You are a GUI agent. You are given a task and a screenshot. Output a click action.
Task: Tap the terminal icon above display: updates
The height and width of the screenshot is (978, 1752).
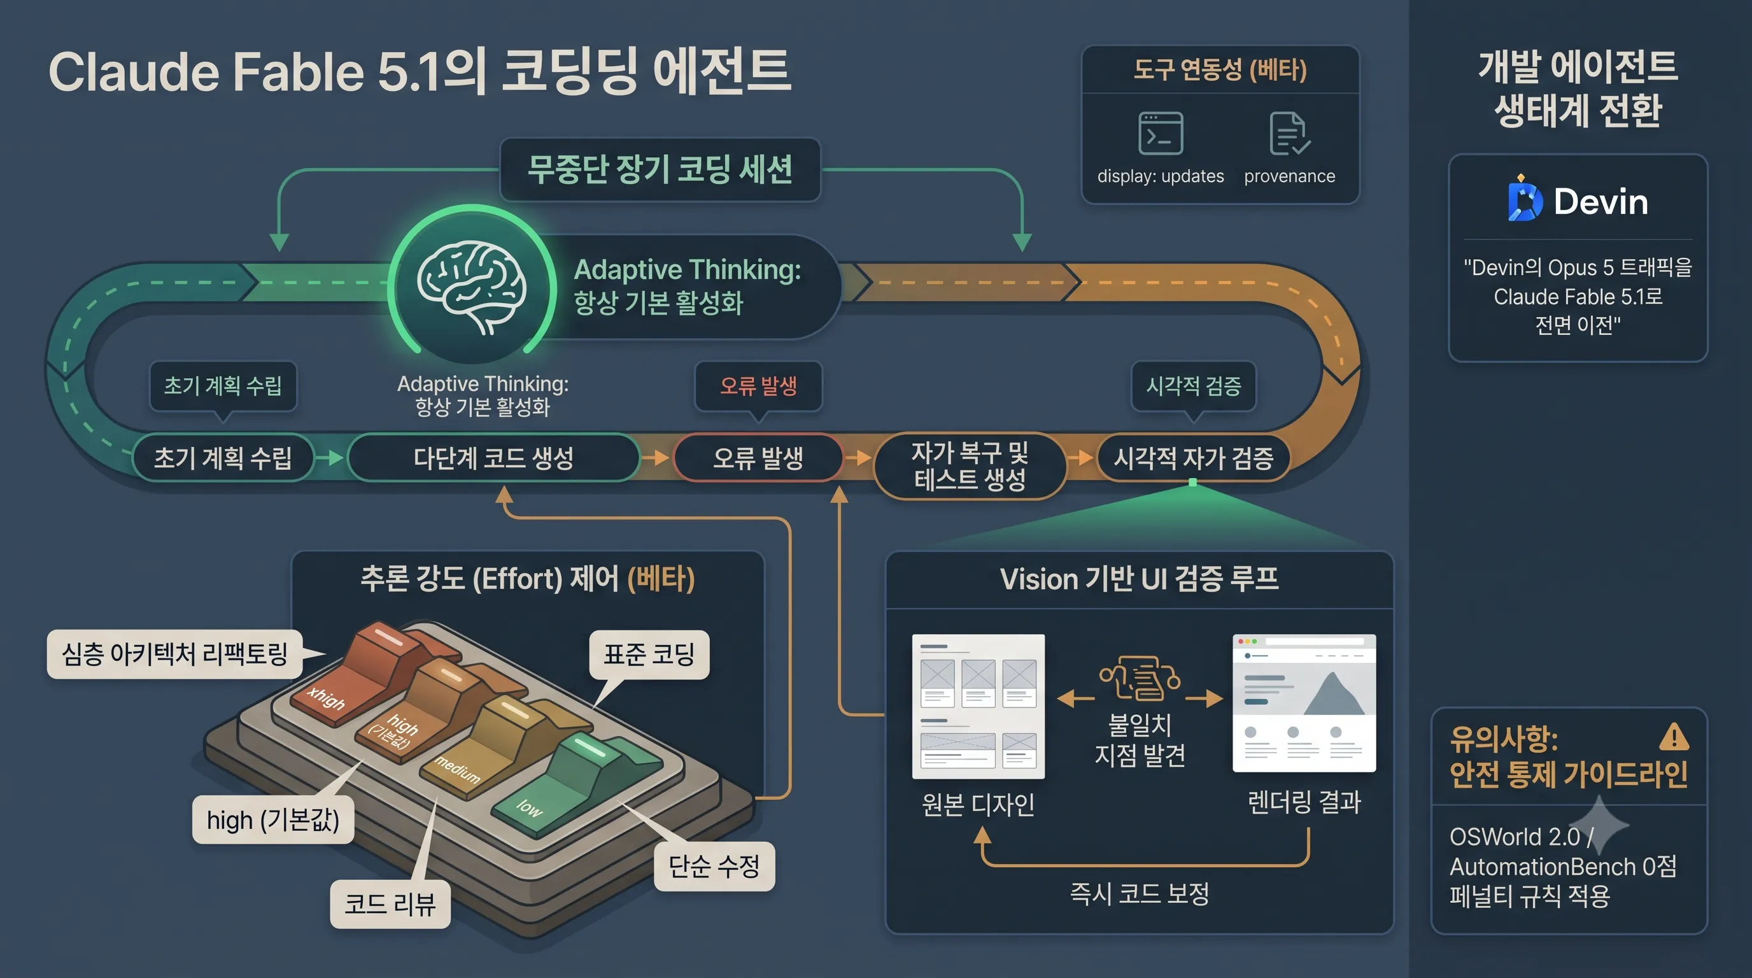point(1161,133)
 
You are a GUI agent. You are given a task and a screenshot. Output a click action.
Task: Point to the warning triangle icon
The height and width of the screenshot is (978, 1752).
point(1674,737)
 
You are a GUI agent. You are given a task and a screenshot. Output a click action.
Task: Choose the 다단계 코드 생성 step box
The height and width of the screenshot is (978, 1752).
point(494,457)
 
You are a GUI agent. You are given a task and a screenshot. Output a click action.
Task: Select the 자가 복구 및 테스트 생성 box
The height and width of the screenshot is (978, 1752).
point(970,466)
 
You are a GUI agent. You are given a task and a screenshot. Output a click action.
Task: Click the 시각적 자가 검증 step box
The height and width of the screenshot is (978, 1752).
point(1193,457)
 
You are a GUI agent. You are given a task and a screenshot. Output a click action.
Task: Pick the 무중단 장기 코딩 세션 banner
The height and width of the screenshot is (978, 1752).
point(660,169)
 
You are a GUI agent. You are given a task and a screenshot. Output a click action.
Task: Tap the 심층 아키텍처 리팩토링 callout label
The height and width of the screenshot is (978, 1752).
point(175,655)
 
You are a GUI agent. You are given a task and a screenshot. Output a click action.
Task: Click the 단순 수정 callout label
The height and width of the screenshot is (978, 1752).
point(714,866)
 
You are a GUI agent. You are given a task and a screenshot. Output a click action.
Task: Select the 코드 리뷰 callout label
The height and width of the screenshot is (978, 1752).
point(390,904)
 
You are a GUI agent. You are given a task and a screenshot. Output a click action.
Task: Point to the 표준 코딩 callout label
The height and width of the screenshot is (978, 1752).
point(649,655)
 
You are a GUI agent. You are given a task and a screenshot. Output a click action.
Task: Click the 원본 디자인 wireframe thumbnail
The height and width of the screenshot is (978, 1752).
point(978,706)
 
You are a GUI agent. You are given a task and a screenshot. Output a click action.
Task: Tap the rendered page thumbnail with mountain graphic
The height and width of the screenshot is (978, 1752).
point(1304,703)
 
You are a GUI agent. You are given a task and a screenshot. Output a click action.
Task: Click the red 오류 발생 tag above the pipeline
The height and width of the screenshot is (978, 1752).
point(758,386)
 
